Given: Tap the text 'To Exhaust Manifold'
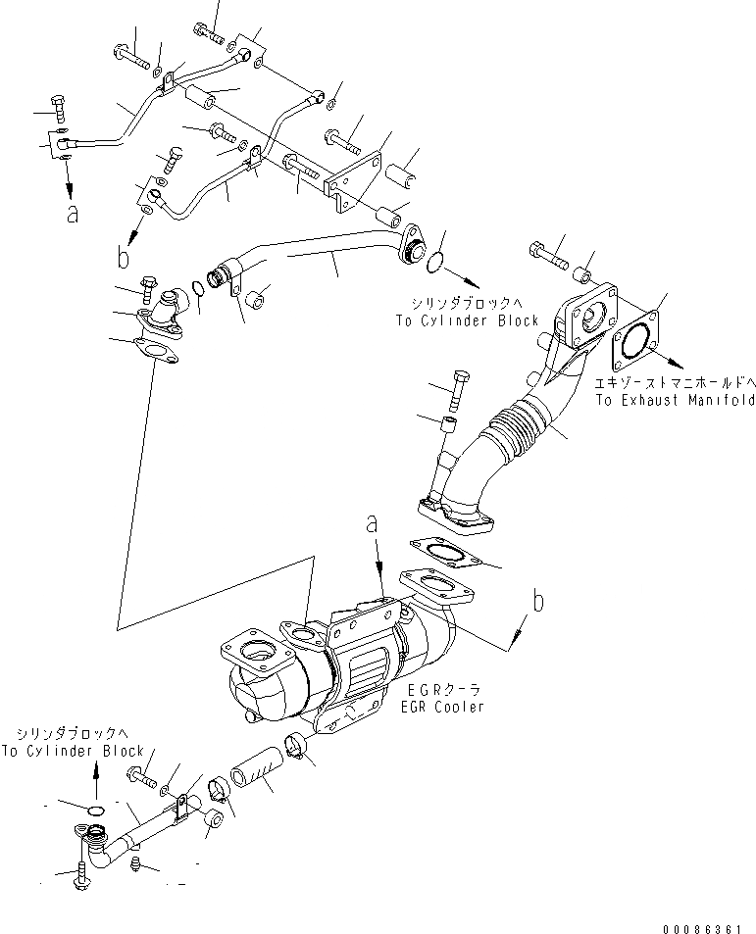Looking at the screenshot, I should click(x=674, y=400).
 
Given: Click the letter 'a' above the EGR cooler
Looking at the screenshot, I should click(x=374, y=526).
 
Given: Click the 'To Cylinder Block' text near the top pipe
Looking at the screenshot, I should click(x=468, y=320).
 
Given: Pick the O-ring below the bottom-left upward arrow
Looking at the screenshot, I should click(x=95, y=810).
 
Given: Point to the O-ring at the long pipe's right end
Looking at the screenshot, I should click(x=437, y=260).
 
